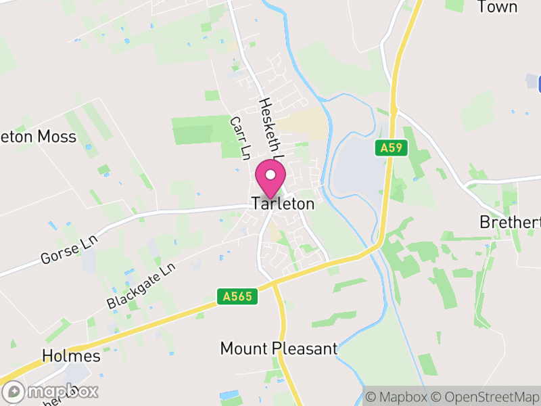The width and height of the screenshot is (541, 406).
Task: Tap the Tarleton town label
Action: pyautogui.click(x=283, y=204)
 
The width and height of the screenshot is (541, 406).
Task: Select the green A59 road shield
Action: pyautogui.click(x=392, y=148)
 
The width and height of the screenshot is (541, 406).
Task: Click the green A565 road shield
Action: pyautogui.click(x=238, y=296)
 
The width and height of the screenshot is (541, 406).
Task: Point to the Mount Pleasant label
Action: pyautogui.click(x=279, y=349)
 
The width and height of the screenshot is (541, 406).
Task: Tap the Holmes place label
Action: pyautogui.click(x=71, y=356)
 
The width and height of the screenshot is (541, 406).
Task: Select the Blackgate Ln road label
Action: pyautogui.click(x=141, y=286)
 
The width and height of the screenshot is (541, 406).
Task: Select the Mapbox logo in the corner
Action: pyautogui.click(x=51, y=391)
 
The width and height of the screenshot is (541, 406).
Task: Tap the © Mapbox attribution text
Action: pyautogui.click(x=398, y=397)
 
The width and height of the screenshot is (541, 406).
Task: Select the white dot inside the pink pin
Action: pyautogui.click(x=270, y=175)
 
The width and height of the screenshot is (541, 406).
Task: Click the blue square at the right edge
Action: pyautogui.click(x=539, y=85)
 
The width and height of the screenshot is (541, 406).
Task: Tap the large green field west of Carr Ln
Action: pyautogui.click(x=200, y=130)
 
